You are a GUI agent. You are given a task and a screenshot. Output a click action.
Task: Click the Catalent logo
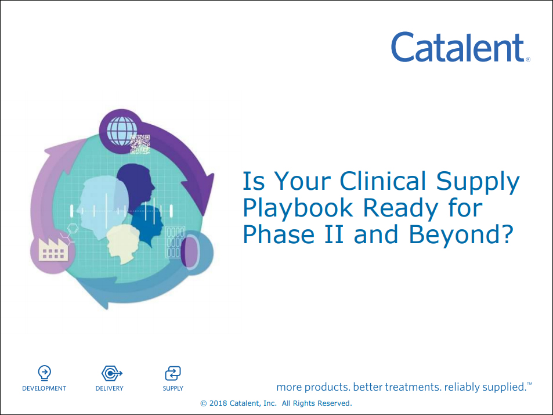(x=460, y=47)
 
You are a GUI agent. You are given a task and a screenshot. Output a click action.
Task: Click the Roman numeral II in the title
(x=334, y=234)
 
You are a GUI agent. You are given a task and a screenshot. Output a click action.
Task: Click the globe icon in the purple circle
(x=122, y=131)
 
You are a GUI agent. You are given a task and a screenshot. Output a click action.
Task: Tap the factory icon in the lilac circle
(x=53, y=249)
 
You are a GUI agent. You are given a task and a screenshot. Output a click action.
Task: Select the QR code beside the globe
(x=140, y=144)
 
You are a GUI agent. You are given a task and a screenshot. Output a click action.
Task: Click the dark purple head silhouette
(x=135, y=187)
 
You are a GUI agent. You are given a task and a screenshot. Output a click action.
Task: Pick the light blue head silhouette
(x=102, y=208)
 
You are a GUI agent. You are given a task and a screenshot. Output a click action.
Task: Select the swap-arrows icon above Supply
(x=173, y=373)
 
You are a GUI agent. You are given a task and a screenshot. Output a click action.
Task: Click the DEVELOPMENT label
(x=44, y=388)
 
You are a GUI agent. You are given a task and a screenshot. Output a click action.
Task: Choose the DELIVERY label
(x=109, y=388)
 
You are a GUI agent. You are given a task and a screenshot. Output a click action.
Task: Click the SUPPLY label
(x=173, y=388)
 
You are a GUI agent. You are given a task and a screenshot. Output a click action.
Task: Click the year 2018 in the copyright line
(x=218, y=403)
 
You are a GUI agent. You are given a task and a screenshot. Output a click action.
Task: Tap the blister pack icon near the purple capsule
(x=175, y=241)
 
